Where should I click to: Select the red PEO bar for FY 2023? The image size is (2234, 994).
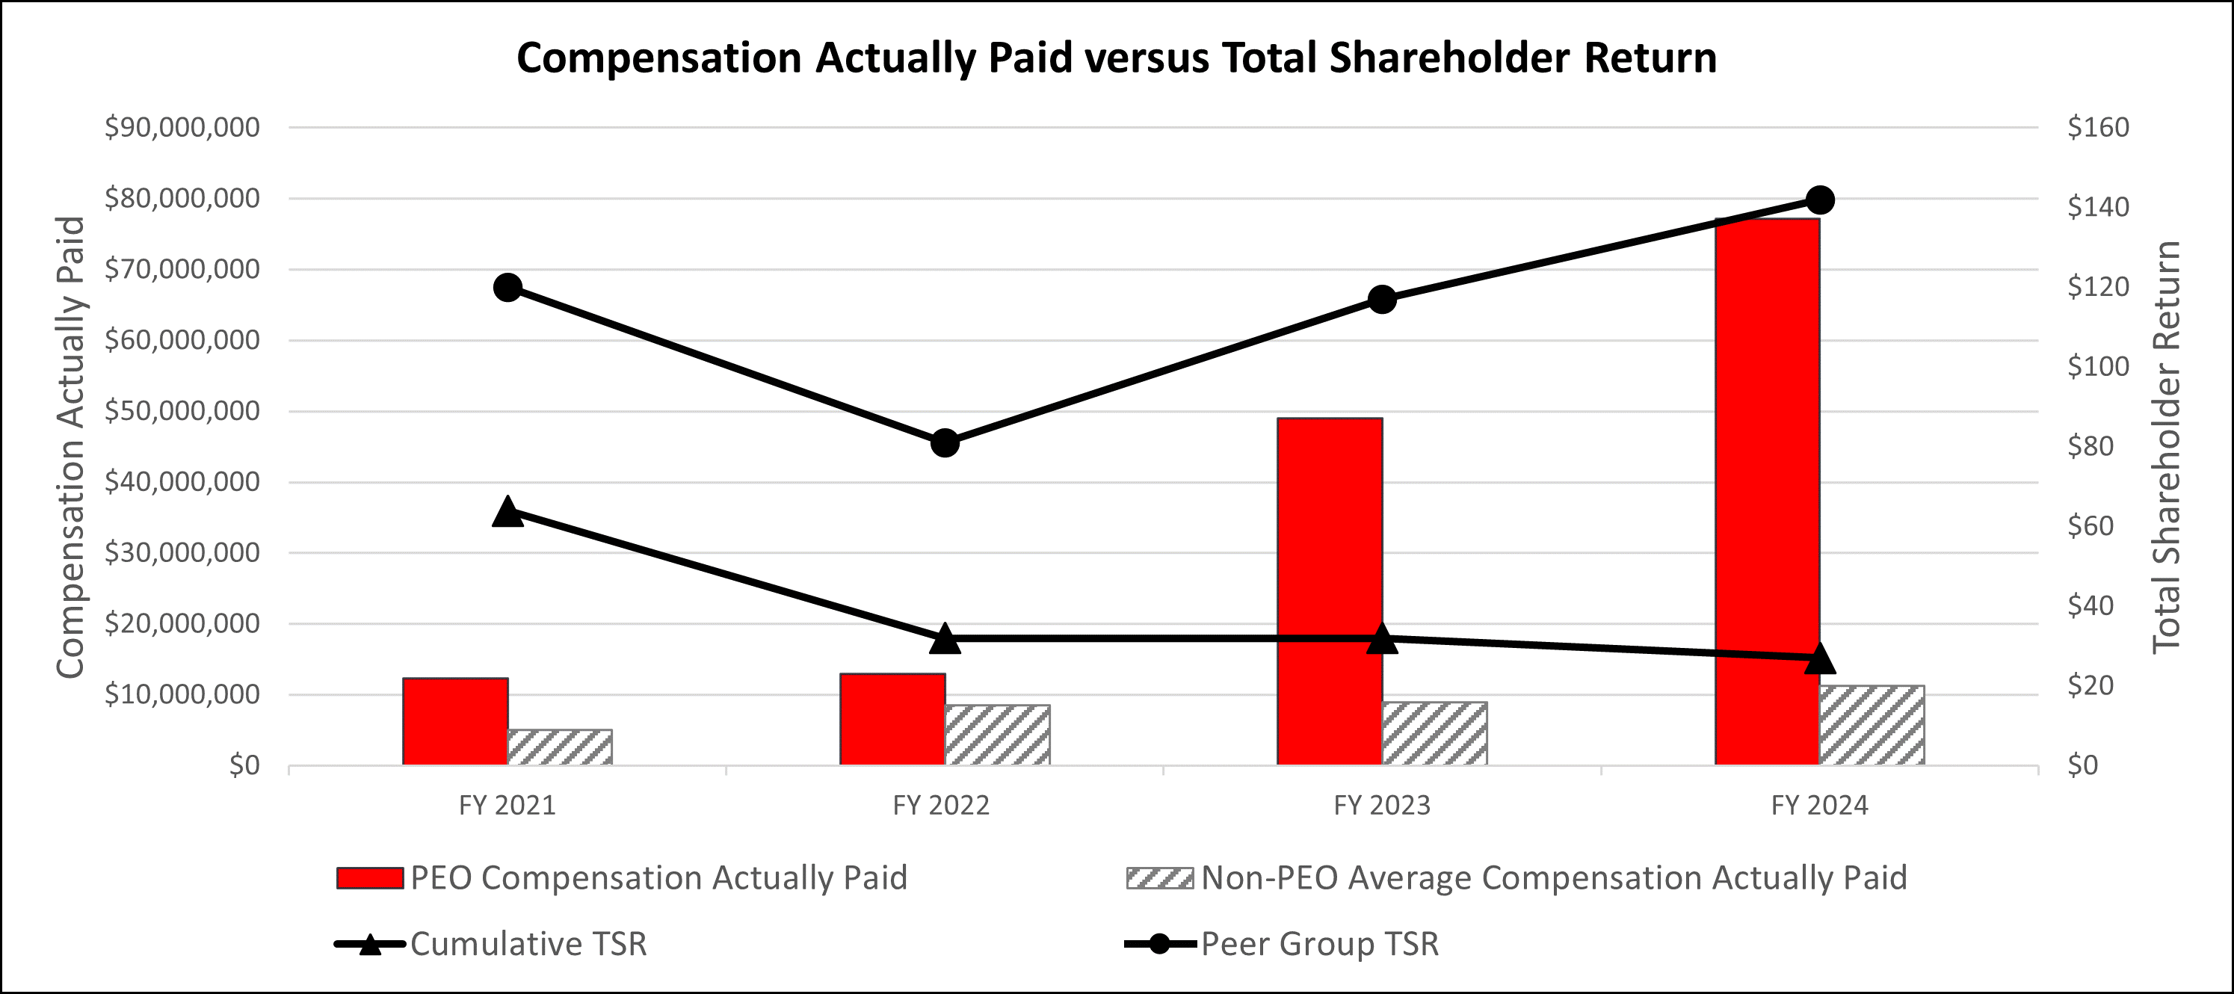pos(1330,590)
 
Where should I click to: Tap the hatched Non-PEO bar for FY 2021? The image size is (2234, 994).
pos(559,747)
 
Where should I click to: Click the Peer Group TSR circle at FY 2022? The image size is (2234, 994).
pos(945,443)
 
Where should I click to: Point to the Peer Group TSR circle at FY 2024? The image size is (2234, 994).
pos(1819,200)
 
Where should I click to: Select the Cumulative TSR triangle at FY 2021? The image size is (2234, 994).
pos(507,513)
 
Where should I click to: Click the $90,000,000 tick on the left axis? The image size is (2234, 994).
pos(182,128)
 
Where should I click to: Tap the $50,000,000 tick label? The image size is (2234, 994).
pos(182,410)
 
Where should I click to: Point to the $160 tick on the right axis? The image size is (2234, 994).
pos(2098,128)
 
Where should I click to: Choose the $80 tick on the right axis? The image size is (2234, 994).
pos(2090,446)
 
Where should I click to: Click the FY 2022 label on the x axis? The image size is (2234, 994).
pos(941,805)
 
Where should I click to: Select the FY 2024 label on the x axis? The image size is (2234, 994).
pos(1818,805)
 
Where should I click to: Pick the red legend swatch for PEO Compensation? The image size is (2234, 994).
pos(370,877)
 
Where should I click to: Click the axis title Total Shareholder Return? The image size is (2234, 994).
pos(2165,447)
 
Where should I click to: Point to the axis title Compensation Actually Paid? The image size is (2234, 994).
pos(71,447)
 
